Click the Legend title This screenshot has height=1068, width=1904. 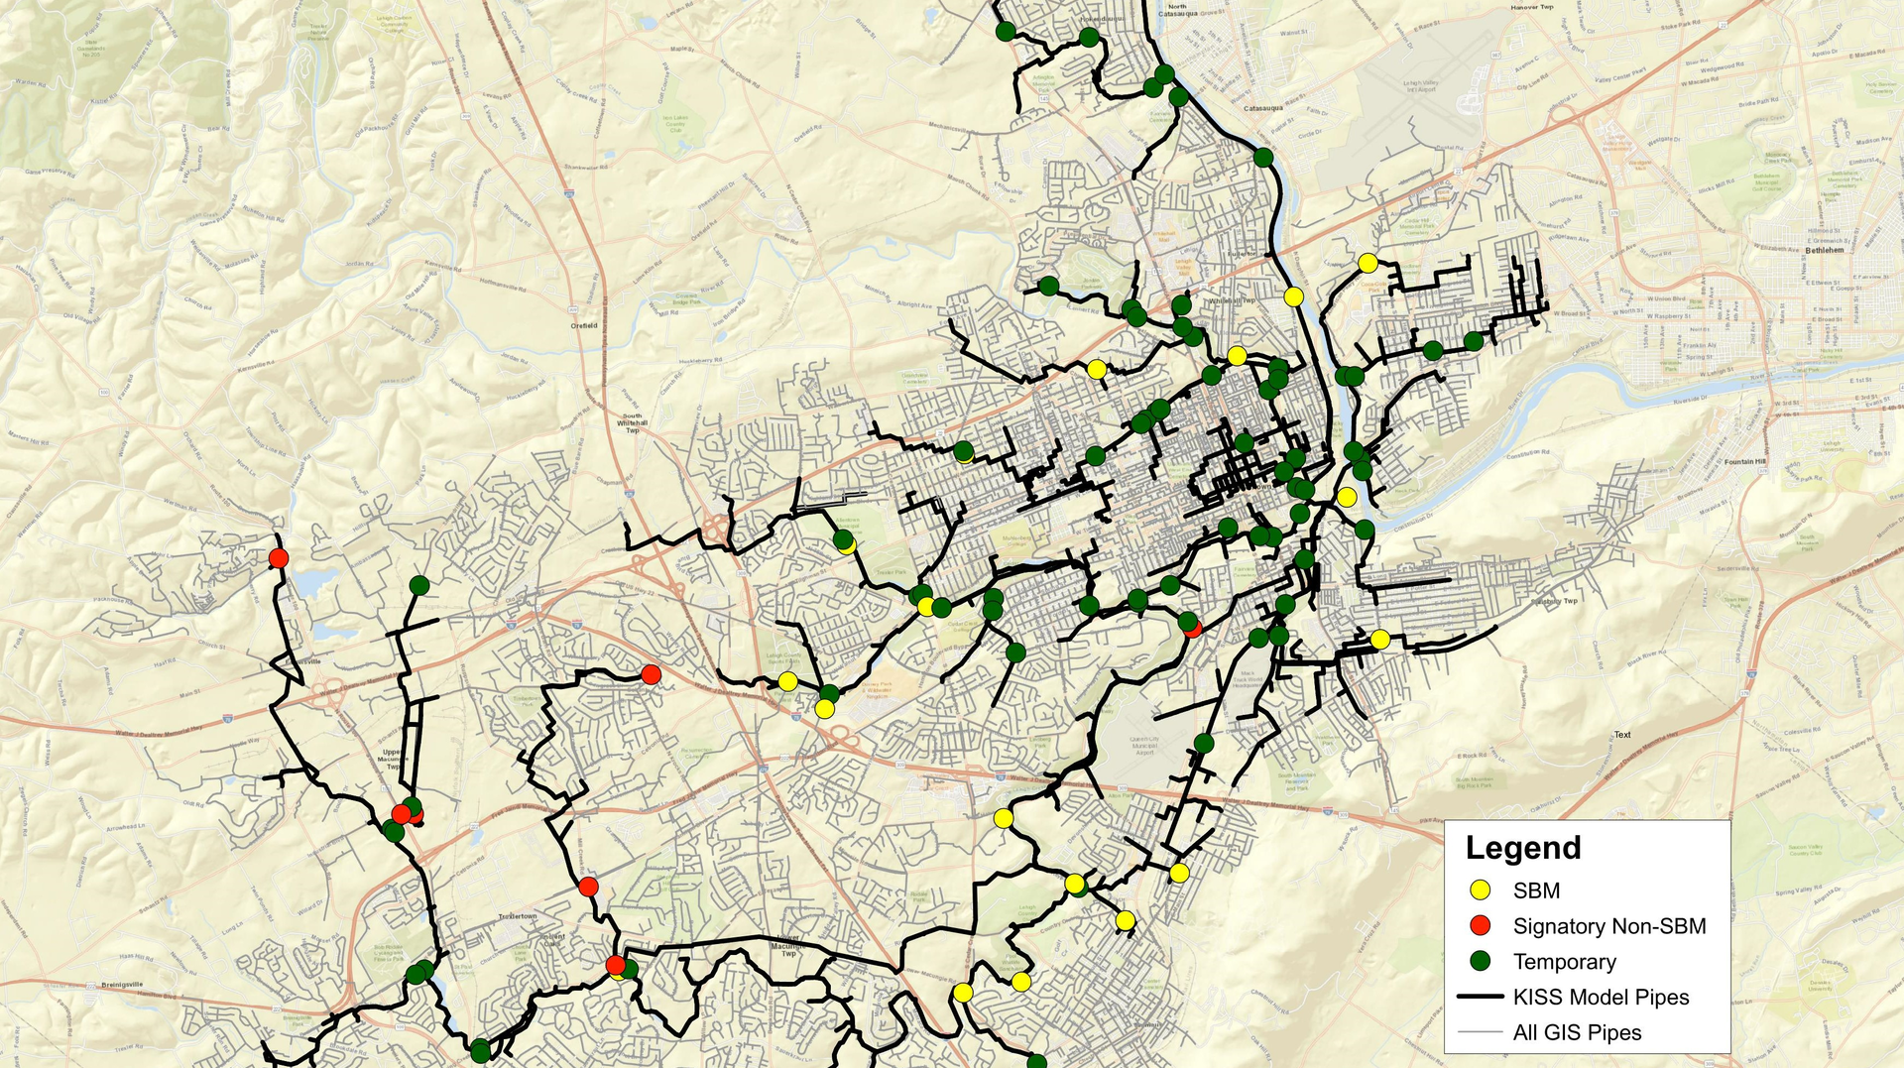coord(1523,848)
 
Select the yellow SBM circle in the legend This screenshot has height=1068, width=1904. coord(1481,890)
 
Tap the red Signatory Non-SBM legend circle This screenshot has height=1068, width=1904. coord(1481,926)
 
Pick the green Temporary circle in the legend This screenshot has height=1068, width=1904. coord(1481,961)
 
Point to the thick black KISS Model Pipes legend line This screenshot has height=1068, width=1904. coord(1481,997)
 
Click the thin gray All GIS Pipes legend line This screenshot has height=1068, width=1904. coord(1481,1032)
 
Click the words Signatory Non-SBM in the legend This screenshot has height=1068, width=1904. coord(1608,926)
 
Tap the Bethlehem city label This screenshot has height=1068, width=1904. coord(1825,250)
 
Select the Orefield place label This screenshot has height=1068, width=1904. coord(584,325)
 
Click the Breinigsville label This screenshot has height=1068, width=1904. coord(123,985)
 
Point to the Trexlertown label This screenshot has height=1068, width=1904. coord(517,916)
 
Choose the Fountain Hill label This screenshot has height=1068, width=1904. coord(1745,461)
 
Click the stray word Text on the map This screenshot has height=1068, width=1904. coord(1622,735)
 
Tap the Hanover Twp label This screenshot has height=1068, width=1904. coord(1532,7)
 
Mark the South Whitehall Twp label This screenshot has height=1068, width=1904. coord(632,423)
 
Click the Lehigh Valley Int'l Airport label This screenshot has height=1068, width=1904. coord(1420,86)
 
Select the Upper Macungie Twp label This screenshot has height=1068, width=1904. coord(392,759)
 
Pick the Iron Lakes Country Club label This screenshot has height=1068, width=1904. coord(675,124)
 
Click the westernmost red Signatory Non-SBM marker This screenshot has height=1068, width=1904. coord(279,558)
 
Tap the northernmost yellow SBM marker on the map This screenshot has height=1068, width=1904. coord(1368,263)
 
